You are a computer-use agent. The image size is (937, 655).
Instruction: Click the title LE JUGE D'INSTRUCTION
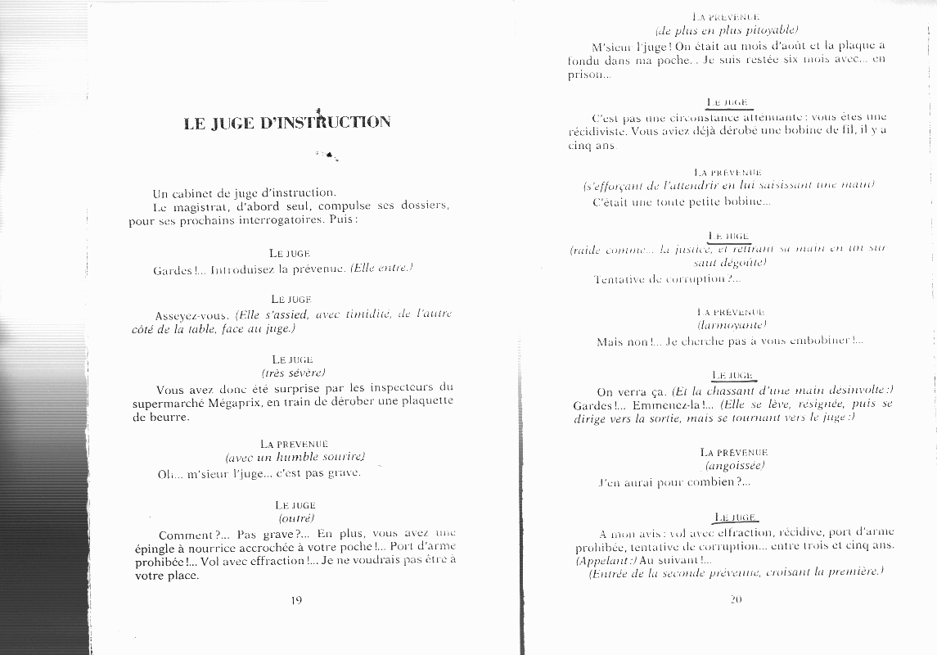(287, 124)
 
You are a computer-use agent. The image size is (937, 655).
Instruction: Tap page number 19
(296, 600)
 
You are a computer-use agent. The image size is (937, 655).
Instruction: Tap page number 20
(735, 600)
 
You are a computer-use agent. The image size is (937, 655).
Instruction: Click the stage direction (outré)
(296, 519)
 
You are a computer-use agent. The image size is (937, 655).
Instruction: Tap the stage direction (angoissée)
(734, 466)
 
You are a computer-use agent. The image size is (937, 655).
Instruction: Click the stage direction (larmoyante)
(727, 325)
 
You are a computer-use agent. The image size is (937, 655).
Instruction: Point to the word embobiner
(813, 341)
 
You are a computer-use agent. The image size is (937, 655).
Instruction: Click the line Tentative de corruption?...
(667, 279)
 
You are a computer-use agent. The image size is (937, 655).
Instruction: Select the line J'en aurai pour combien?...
(674, 482)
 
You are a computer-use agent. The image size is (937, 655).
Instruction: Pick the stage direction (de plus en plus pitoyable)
(727, 30)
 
